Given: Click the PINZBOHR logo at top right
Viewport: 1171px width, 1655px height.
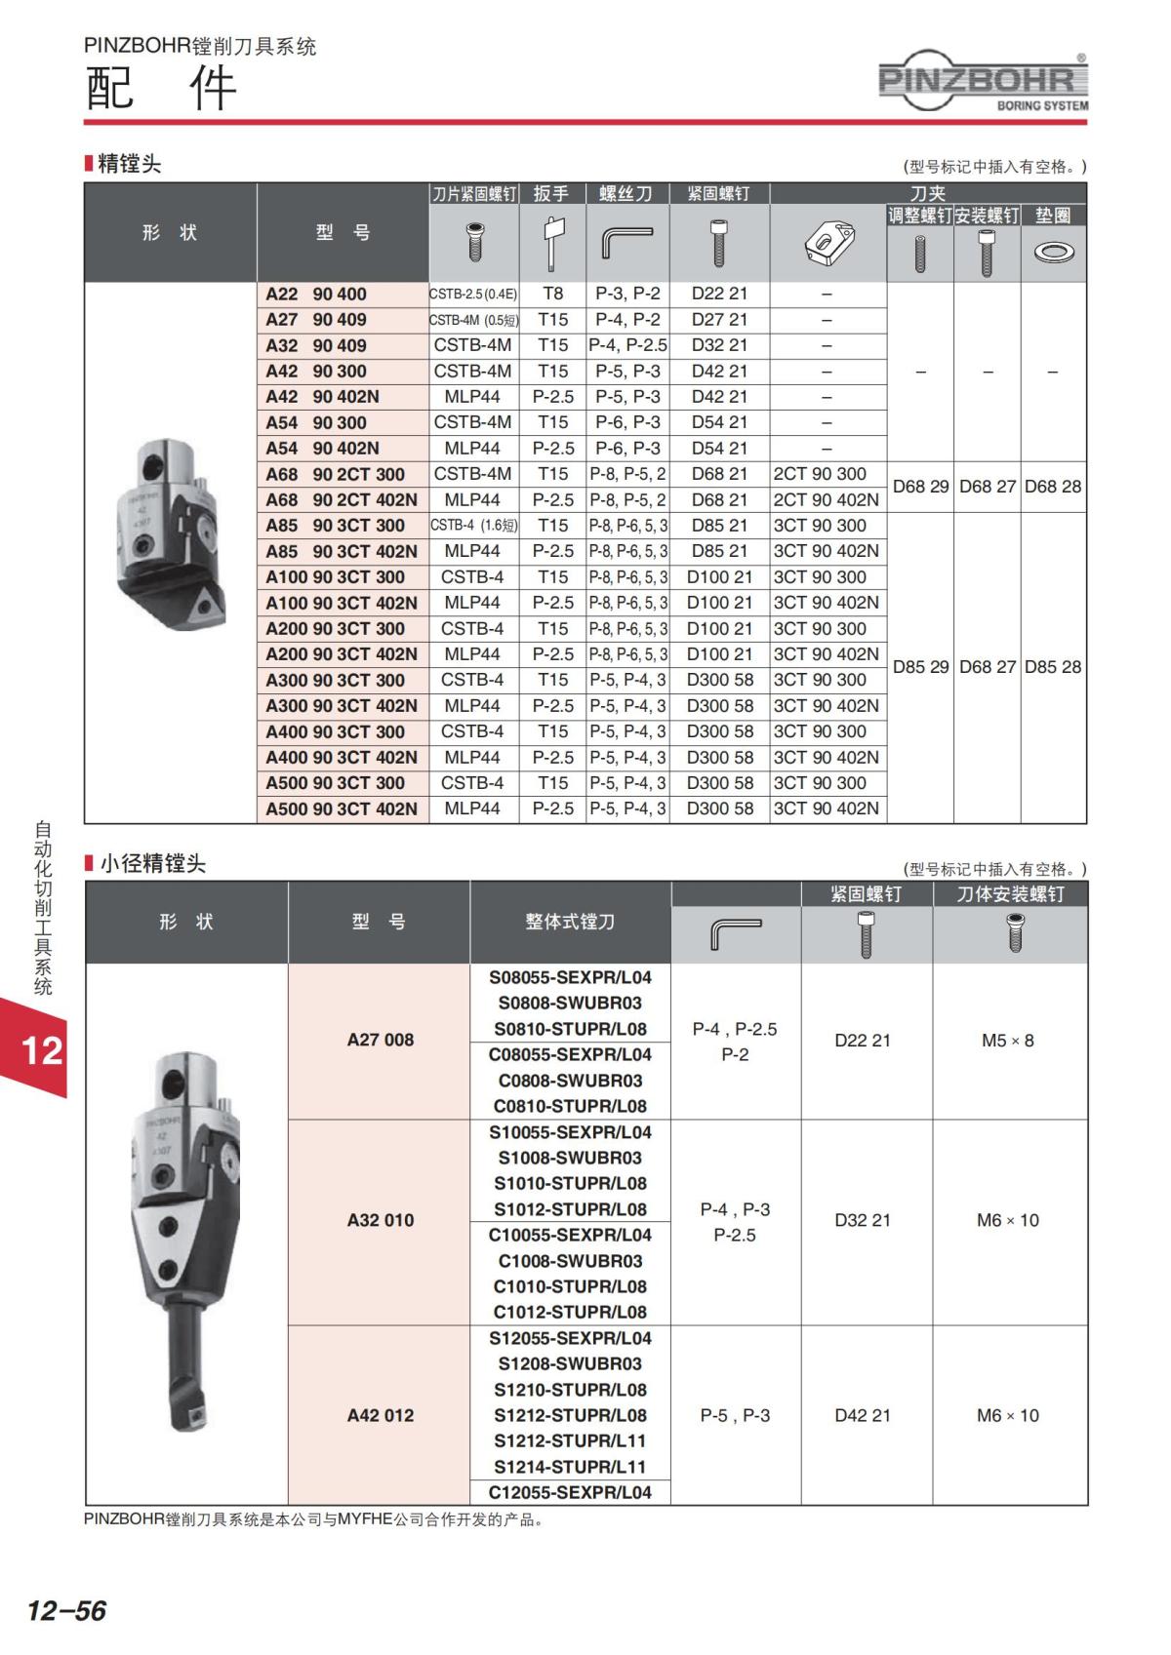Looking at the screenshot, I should coord(982,81).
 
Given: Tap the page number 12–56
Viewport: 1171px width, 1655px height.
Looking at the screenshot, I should coord(66,1609).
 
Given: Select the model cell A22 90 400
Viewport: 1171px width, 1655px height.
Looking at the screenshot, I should coord(316,294).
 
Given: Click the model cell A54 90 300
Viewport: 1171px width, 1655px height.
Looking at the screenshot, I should coord(316,422).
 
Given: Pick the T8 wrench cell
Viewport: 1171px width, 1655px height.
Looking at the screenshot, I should coord(552,294).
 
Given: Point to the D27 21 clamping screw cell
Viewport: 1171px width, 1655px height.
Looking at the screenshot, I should coord(719,319).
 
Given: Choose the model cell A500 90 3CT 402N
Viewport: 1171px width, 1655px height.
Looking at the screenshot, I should coord(342,808).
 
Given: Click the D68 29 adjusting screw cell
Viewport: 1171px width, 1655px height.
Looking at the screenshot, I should coord(920,487).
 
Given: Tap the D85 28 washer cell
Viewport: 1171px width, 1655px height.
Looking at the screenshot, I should coord(1053,667).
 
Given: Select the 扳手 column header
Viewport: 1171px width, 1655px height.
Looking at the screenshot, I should coord(551,194).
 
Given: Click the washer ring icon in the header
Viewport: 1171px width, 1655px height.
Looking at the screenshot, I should coord(1053,253).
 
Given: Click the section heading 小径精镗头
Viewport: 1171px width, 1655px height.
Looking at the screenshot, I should coord(152,863).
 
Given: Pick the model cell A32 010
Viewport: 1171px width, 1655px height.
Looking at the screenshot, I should coord(381,1220).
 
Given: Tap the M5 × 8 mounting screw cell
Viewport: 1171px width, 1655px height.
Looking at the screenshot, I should coord(1008,1041).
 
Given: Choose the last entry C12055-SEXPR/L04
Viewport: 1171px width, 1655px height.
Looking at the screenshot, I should coord(570,1492).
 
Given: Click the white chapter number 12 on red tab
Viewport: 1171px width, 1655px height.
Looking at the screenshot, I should coord(42,1050).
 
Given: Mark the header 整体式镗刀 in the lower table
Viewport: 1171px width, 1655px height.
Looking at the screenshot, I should coord(570,922).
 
